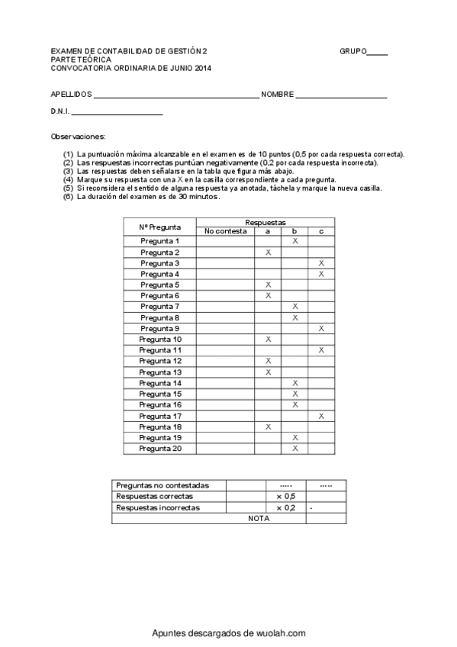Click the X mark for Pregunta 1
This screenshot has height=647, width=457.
(294, 241)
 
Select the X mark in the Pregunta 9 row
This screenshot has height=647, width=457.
(321, 328)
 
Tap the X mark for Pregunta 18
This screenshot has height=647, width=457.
(268, 427)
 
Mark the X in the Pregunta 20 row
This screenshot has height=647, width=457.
(294, 448)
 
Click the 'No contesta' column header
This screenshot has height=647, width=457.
(226, 230)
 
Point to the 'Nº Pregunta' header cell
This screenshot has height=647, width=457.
(160, 226)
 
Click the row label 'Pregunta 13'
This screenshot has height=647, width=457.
(160, 372)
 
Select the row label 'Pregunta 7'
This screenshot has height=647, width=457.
(160, 306)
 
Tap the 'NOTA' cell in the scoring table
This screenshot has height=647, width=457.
(259, 518)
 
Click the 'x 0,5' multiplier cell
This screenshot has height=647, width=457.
(285, 496)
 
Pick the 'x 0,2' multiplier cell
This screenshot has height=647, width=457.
(285, 507)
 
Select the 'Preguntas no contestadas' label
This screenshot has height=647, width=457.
(161, 485)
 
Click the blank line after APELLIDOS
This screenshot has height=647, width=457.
(176, 98)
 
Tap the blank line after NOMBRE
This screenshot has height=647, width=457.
(341, 98)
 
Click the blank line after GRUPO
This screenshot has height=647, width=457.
(378, 54)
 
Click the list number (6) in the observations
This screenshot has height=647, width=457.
(69, 197)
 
